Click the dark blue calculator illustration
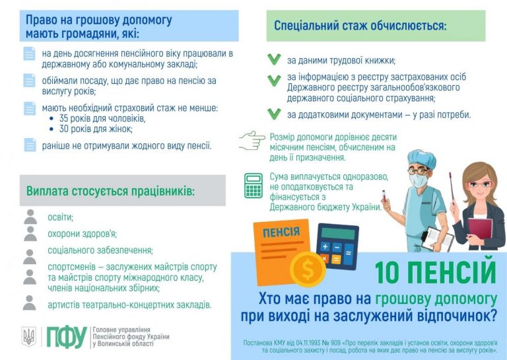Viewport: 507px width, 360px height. pyautogui.click(x=337, y=246)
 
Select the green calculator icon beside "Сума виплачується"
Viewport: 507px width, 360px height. pyautogui.click(x=253, y=186)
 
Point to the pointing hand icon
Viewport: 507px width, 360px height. pyautogui.click(x=252, y=140)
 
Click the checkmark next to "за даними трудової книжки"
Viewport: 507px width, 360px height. pyautogui.click(x=274, y=59)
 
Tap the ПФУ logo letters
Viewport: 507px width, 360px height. pyautogui.click(x=66, y=337)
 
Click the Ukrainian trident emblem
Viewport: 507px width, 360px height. pyautogui.click(x=29, y=337)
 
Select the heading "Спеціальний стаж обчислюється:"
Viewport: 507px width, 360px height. pyautogui.click(x=360, y=27)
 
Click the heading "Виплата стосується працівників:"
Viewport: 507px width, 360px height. pyautogui.click(x=110, y=191)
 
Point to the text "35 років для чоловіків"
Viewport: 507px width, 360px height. pyautogui.click(x=102, y=118)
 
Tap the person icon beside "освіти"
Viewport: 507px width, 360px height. pyautogui.click(x=30, y=217)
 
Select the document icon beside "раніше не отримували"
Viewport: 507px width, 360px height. pyautogui.click(x=30, y=145)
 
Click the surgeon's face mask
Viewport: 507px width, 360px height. pyautogui.click(x=417, y=178)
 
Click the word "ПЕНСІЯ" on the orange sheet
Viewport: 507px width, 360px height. pyautogui.click(x=281, y=233)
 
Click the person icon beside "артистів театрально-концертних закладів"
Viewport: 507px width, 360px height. pyautogui.click(x=30, y=303)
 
